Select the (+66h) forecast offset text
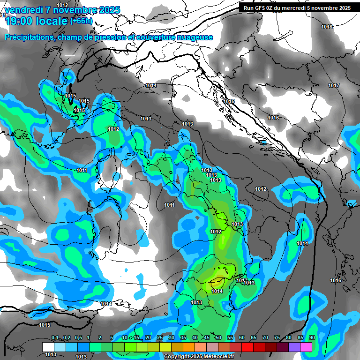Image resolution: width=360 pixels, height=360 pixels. point(81,21)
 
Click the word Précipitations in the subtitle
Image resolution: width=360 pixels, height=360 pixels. point(29,37)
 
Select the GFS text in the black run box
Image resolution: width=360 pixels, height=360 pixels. point(260,8)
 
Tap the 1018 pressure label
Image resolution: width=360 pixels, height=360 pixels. point(327,27)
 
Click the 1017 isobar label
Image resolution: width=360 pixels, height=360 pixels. point(334,85)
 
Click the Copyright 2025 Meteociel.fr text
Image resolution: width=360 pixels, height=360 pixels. point(199,356)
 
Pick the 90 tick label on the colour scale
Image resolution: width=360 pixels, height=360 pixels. point(312,337)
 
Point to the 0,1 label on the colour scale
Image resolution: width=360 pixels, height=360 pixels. point(54,337)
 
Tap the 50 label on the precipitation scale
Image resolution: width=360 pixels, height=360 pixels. point(218,337)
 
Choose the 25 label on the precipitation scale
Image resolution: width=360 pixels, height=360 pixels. point(160,337)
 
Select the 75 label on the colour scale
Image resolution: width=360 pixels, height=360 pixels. point(277,337)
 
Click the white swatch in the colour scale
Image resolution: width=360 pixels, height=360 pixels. point(48,347)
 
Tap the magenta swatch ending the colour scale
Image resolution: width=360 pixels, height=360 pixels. point(306,347)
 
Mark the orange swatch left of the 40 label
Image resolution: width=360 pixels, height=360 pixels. point(188,347)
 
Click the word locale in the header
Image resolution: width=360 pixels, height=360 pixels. point(51,21)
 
